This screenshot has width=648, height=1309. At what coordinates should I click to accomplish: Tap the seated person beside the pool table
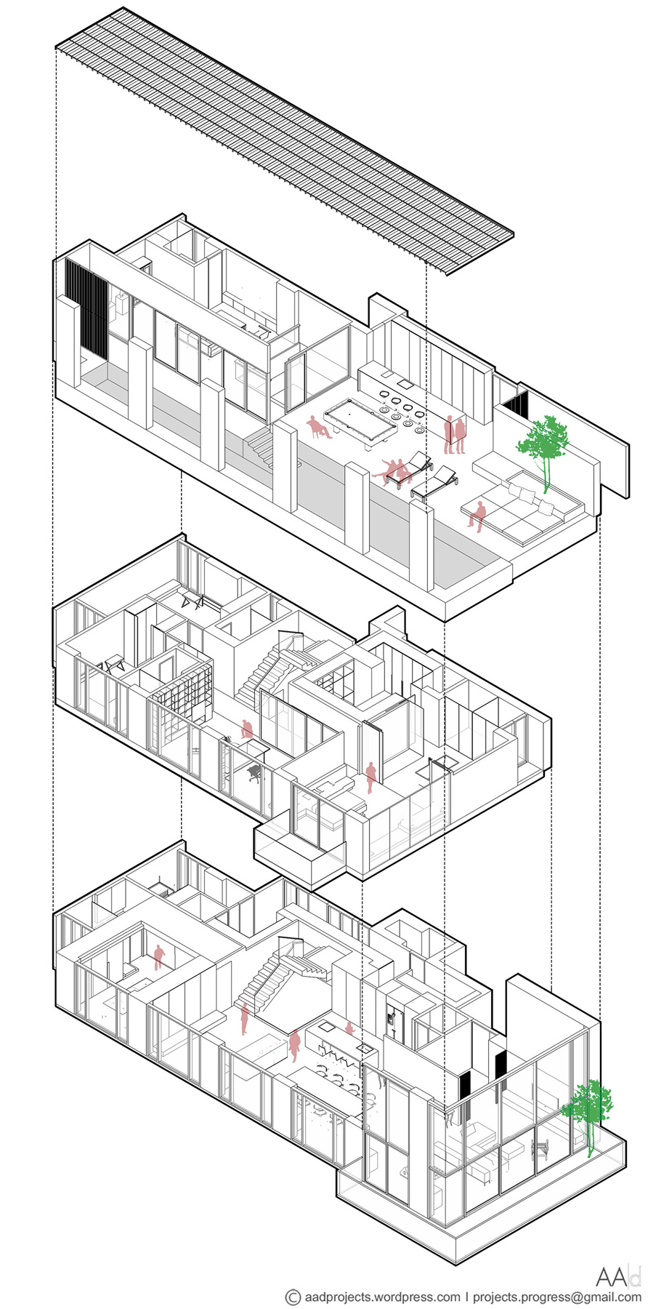[x=317, y=428]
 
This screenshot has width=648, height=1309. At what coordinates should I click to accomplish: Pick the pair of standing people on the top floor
[x=455, y=434]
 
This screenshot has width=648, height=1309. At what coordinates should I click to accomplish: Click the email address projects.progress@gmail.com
[x=559, y=1296]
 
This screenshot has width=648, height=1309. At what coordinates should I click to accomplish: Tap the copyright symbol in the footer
[x=293, y=1296]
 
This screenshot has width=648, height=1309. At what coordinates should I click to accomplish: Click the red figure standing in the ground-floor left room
[x=159, y=956]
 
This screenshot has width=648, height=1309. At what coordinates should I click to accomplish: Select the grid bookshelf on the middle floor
[x=181, y=690]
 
